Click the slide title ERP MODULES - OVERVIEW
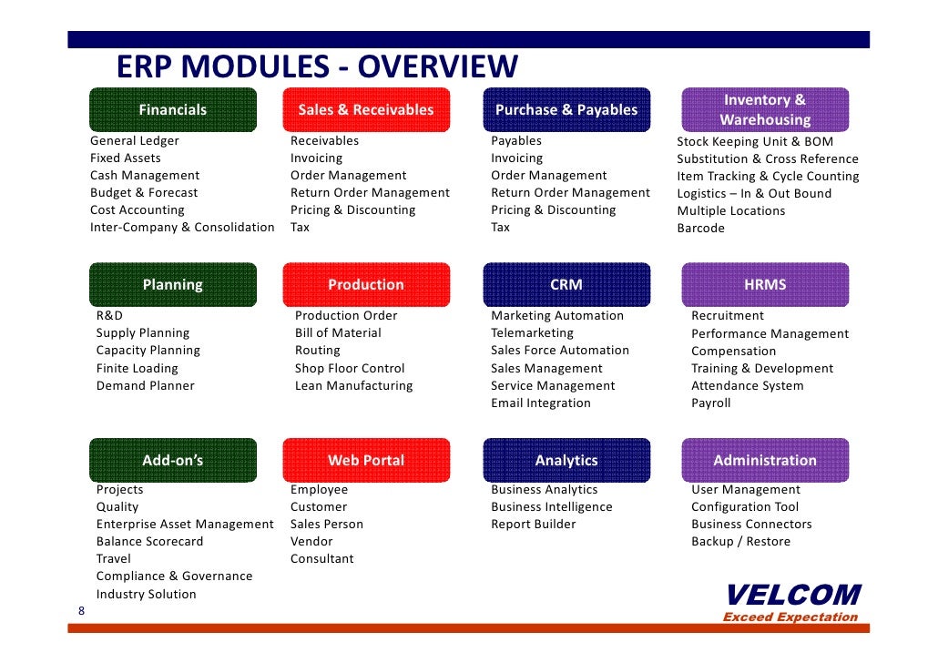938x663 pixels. [x=317, y=67]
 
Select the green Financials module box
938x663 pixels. [x=172, y=110]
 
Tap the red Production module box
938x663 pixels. [x=366, y=285]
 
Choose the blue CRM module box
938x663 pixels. [x=566, y=285]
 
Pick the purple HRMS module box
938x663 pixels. [x=764, y=285]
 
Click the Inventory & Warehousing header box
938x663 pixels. [x=764, y=110]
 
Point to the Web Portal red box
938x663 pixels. [x=366, y=461]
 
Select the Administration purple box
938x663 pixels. [x=764, y=461]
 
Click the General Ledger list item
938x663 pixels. [x=135, y=141]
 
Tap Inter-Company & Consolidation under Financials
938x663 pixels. [x=182, y=228]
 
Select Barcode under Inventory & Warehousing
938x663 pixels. [x=700, y=229]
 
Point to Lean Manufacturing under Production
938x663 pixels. [x=353, y=386]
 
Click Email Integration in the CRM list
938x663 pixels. [x=541, y=403]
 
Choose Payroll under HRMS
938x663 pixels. [x=710, y=403]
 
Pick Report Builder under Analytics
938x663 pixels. [x=534, y=525]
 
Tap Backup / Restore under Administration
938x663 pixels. [x=740, y=542]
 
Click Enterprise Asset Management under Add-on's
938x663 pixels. [x=185, y=525]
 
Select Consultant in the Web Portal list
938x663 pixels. [x=322, y=559]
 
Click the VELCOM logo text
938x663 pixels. [x=792, y=596]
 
